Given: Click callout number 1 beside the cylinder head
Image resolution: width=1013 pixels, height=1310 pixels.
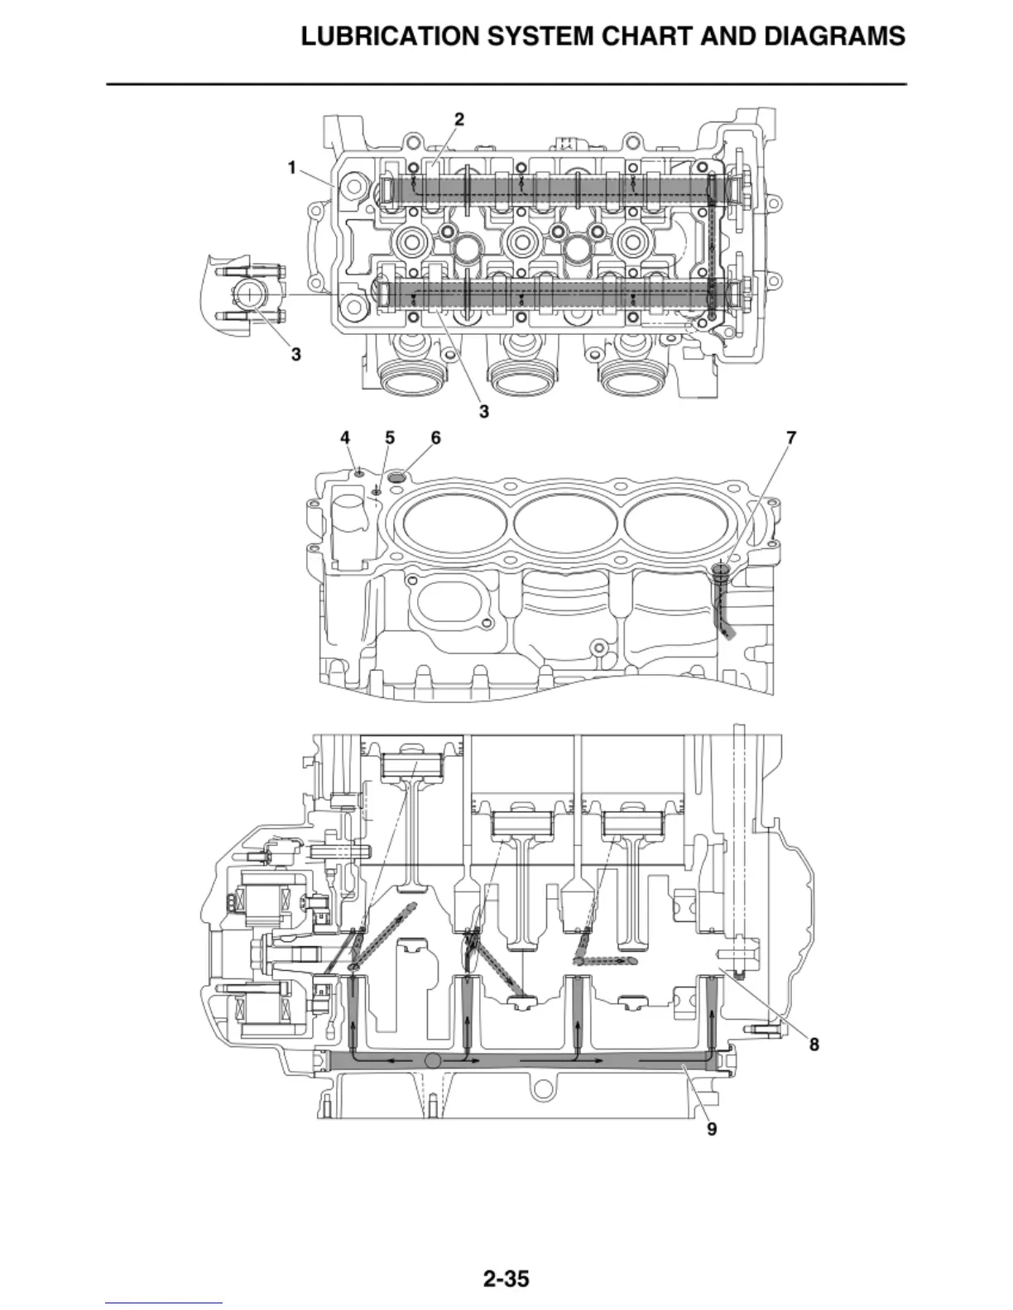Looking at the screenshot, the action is pos(292,168).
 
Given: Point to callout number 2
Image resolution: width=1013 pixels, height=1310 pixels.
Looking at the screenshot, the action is pos(459,119).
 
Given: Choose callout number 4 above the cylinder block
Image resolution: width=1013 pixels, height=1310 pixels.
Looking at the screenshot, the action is pos(345,437).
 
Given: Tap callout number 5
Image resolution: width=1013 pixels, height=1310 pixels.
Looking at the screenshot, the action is pos(390,437).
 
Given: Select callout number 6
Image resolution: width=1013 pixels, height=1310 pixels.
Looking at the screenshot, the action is pos(435,437).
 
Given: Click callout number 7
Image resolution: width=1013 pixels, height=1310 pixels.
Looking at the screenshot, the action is pos(791,437).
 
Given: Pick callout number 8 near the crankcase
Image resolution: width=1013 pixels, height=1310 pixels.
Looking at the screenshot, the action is pos(814,1045).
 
